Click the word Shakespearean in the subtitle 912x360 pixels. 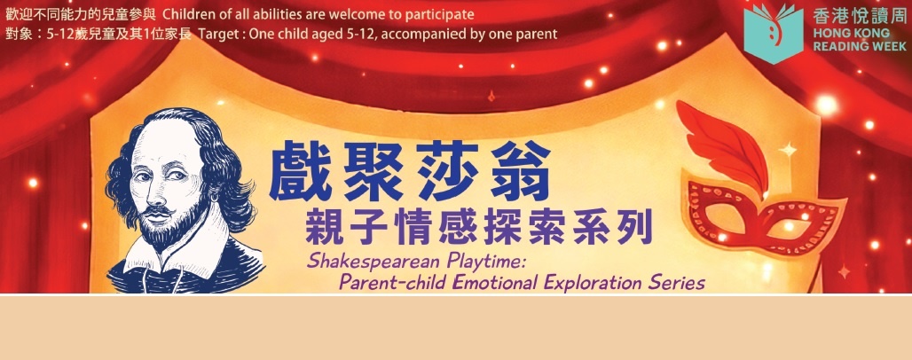pos(362,261)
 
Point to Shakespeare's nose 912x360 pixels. pos(165,176)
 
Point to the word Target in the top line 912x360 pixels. pos(218,35)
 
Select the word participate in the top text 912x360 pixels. pos(441,15)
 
